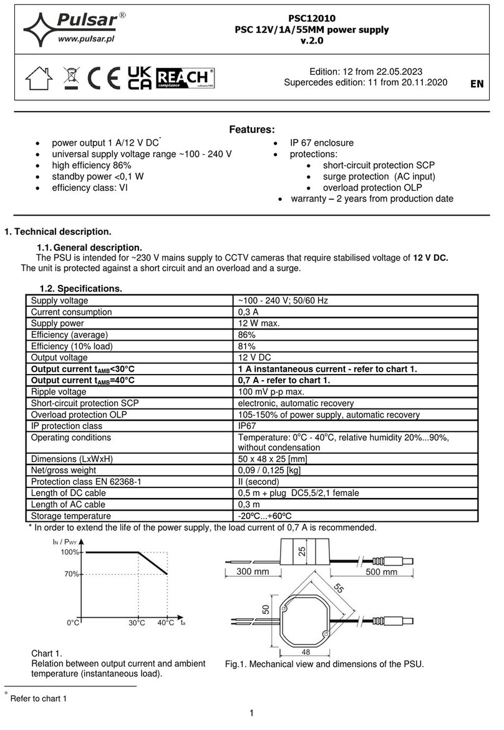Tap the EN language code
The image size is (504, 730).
click(477, 84)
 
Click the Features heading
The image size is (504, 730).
click(251, 130)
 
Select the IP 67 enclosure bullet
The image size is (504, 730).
click(321, 143)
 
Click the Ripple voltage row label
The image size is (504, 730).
click(59, 391)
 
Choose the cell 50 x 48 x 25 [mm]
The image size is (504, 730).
click(273, 459)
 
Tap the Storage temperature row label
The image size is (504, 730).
click(70, 516)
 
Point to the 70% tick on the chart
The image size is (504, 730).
click(69, 574)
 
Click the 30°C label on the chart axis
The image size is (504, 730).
click(136, 623)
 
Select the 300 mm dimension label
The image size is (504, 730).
click(253, 572)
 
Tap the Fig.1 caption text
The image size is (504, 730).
click(324, 664)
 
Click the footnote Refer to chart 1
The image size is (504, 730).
click(38, 699)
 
